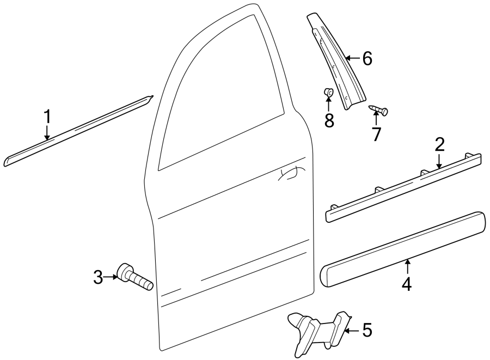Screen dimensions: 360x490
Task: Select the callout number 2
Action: tap(439, 144)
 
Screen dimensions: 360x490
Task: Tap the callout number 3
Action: tap(98, 278)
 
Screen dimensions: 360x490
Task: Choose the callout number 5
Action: tap(367, 330)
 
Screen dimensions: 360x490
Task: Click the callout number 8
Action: tap(329, 120)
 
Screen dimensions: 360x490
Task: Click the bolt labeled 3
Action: tap(133, 276)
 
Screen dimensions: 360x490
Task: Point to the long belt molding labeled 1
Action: tap(76, 131)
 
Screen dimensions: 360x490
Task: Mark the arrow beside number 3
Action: tap(111, 277)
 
